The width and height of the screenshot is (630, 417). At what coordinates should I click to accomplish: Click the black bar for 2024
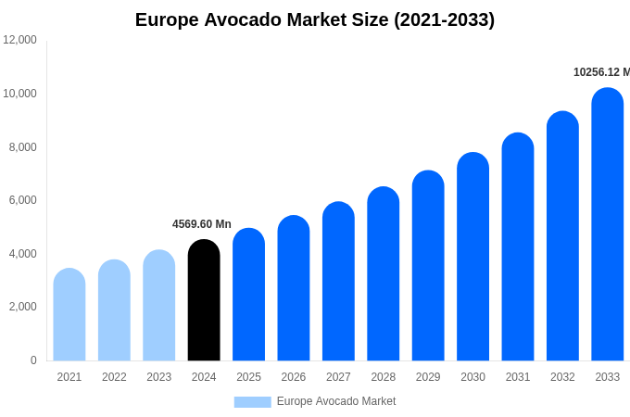[x=204, y=300]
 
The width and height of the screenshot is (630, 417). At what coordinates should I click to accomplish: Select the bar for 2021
[x=69, y=315]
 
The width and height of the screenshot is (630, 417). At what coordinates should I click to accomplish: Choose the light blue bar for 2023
[x=159, y=306]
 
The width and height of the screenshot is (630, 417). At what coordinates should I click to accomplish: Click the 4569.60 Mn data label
[x=202, y=224]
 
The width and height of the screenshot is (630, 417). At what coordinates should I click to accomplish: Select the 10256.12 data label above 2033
[x=601, y=72]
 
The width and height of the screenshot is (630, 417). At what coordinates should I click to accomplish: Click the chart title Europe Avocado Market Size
[x=315, y=19]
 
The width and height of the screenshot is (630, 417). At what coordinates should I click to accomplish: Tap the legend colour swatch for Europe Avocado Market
[x=252, y=402]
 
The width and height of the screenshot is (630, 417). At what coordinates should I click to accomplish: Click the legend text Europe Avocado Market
[x=336, y=401]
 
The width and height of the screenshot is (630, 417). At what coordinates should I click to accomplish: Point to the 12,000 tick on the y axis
[x=19, y=40]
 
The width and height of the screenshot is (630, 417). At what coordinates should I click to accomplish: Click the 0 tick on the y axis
[x=33, y=360]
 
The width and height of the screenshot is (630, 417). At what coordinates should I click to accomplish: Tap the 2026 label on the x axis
[x=294, y=377]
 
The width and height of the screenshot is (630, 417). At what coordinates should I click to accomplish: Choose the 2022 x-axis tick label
[x=114, y=377]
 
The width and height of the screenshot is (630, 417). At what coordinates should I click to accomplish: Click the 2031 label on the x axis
[x=518, y=377]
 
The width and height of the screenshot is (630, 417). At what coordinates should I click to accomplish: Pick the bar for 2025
[x=248, y=295]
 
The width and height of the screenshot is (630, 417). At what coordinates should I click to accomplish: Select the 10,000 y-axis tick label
[x=19, y=94]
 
